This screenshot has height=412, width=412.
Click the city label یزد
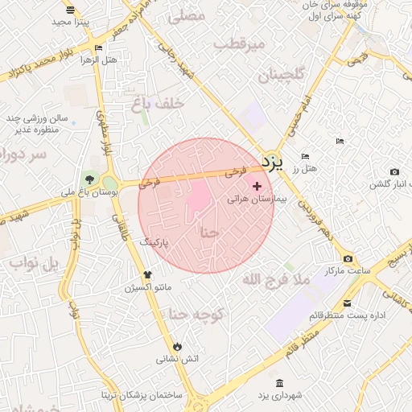274,163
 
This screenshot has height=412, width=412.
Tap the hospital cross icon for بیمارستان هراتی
257,186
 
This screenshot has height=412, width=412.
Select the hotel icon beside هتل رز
305,156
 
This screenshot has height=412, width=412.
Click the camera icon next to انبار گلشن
394,171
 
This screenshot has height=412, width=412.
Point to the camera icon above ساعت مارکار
348,258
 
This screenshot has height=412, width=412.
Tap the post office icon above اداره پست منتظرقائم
347,303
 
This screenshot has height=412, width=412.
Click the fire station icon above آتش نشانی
176,346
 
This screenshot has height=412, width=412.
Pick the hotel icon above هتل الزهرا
98,47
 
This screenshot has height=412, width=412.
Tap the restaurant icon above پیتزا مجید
71,10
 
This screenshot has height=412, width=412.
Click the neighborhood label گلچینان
282,76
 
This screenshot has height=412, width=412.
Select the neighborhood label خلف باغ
163,104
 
